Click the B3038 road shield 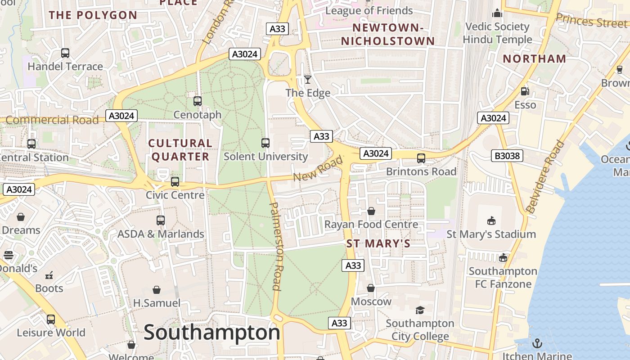(x=507, y=156)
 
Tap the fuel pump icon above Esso (x=525, y=91)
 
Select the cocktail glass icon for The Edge (x=308, y=80)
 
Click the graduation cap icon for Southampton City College (x=420, y=310)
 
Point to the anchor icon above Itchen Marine (x=537, y=344)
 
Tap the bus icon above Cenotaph (x=198, y=101)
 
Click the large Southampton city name (x=212, y=333)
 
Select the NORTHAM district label (x=535, y=58)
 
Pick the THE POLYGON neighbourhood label (x=93, y=15)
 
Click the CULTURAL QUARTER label (x=180, y=150)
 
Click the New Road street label (x=318, y=169)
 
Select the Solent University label (x=266, y=157)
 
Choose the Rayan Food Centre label (x=371, y=224)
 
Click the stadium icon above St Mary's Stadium (x=491, y=220)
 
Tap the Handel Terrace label (x=65, y=67)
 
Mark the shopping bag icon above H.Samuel (x=157, y=289)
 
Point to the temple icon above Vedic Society (x=497, y=13)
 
